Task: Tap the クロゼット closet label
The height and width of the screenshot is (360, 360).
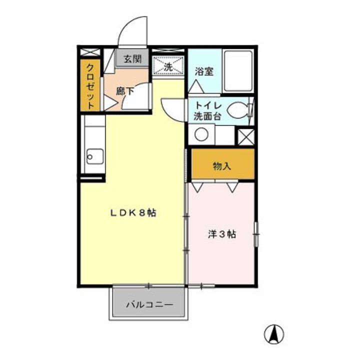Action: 90,86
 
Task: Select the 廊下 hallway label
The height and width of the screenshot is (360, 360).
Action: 124,91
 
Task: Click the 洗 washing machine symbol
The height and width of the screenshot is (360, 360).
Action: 167,65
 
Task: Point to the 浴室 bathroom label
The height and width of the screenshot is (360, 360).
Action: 203,70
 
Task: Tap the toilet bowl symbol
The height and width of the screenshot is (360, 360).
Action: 238,109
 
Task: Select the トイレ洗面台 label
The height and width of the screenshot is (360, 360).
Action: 208,111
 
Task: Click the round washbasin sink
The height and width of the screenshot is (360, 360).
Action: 201,134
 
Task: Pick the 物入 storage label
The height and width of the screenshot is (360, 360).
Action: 221,166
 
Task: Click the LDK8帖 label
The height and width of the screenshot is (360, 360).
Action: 133,212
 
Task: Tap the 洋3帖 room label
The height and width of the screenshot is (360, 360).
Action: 221,233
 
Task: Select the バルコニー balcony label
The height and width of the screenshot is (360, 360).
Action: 148,304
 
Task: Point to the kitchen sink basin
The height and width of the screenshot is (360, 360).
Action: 94,156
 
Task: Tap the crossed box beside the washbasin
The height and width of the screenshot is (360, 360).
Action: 245,136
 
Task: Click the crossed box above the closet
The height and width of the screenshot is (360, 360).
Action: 90,52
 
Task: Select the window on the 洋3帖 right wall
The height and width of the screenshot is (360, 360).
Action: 255,234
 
